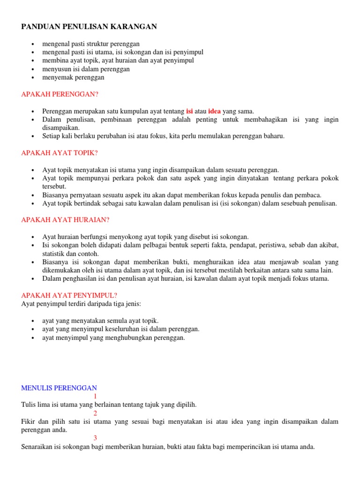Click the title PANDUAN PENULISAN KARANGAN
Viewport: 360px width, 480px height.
pos(89,27)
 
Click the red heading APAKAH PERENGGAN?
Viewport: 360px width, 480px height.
pos(60,94)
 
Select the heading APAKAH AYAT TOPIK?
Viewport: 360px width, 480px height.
pos(60,153)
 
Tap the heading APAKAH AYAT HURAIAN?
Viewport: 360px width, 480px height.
pos(66,219)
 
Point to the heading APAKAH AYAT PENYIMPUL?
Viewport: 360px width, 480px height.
pos(69,295)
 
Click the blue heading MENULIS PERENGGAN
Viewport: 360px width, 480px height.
pos(59,388)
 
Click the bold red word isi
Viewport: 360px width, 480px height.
pos(189,111)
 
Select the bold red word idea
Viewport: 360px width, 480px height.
pos(214,111)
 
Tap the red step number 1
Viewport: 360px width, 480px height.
pos(95,396)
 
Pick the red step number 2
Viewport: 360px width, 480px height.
pos(95,413)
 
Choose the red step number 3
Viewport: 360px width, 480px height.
pos(95,438)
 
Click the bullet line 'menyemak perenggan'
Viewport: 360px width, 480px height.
pos(73,77)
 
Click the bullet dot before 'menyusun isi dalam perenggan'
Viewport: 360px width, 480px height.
pos(32,69)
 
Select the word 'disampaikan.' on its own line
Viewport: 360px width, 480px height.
pos(61,127)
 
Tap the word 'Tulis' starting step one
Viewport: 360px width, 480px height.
pos(29,405)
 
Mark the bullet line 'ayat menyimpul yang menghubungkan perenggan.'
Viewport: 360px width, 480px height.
pos(113,337)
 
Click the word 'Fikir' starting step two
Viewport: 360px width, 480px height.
pos(29,421)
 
